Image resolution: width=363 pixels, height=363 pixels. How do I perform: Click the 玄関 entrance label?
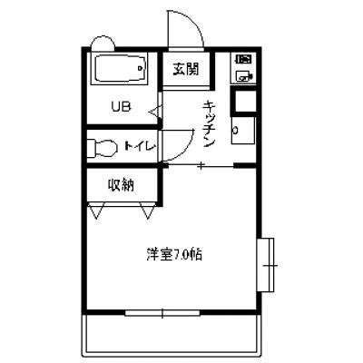(186, 69)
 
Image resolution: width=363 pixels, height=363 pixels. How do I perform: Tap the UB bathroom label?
(121, 106)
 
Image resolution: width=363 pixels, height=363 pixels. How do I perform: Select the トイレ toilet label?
(140, 146)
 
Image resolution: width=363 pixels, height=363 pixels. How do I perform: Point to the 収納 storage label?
(121, 185)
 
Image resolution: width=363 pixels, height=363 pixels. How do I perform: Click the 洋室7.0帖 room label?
(174, 255)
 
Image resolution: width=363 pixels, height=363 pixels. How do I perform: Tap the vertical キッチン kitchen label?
(210, 124)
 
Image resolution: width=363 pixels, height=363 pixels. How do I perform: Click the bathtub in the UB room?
(122, 69)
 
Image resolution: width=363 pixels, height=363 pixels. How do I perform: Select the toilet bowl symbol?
(103, 148)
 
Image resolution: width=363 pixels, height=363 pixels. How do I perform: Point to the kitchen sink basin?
(242, 130)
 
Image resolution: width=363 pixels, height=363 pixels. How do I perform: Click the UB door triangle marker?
(156, 112)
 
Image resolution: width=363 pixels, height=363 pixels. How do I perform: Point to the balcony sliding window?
(162, 313)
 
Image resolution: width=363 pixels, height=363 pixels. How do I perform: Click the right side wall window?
(265, 265)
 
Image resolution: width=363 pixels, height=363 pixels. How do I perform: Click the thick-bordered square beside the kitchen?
(243, 101)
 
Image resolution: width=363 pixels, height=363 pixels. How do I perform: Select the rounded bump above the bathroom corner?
(103, 43)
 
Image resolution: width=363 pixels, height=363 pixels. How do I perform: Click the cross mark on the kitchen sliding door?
(201, 165)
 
